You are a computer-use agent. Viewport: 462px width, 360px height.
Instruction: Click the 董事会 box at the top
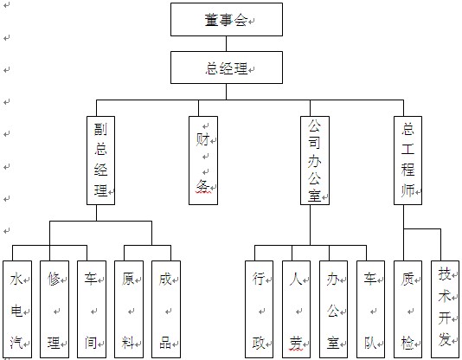point(227,19)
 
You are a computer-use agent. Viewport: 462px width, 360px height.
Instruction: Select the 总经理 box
point(227,67)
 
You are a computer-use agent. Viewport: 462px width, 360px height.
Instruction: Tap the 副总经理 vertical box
point(100,160)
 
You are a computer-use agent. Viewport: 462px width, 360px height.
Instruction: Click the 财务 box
point(203,160)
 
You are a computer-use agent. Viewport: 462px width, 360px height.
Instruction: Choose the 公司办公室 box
point(315,160)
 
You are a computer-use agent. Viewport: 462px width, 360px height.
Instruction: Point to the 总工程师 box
point(407,160)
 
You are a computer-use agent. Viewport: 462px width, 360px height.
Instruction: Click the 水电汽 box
point(17,309)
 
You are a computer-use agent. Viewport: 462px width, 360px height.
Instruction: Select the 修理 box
point(55,309)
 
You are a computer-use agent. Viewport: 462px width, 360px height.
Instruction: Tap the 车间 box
point(92,309)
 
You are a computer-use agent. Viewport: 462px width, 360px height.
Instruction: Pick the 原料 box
point(129,309)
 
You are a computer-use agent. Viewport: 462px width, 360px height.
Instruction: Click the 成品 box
point(166,309)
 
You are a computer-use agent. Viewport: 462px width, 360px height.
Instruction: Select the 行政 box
point(260,309)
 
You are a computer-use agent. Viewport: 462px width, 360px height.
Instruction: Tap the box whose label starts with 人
point(297,309)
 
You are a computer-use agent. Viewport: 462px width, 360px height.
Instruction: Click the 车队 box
point(370,309)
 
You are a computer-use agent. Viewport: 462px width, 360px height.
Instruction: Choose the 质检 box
point(407,309)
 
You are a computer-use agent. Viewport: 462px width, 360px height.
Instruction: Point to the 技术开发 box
point(446,309)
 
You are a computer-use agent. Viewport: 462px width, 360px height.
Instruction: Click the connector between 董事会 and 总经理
point(227,44)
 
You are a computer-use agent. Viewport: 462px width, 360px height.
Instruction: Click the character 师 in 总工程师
point(407,190)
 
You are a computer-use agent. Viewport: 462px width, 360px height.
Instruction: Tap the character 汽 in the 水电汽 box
point(16,343)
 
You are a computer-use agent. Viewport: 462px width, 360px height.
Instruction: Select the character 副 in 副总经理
point(100,129)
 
